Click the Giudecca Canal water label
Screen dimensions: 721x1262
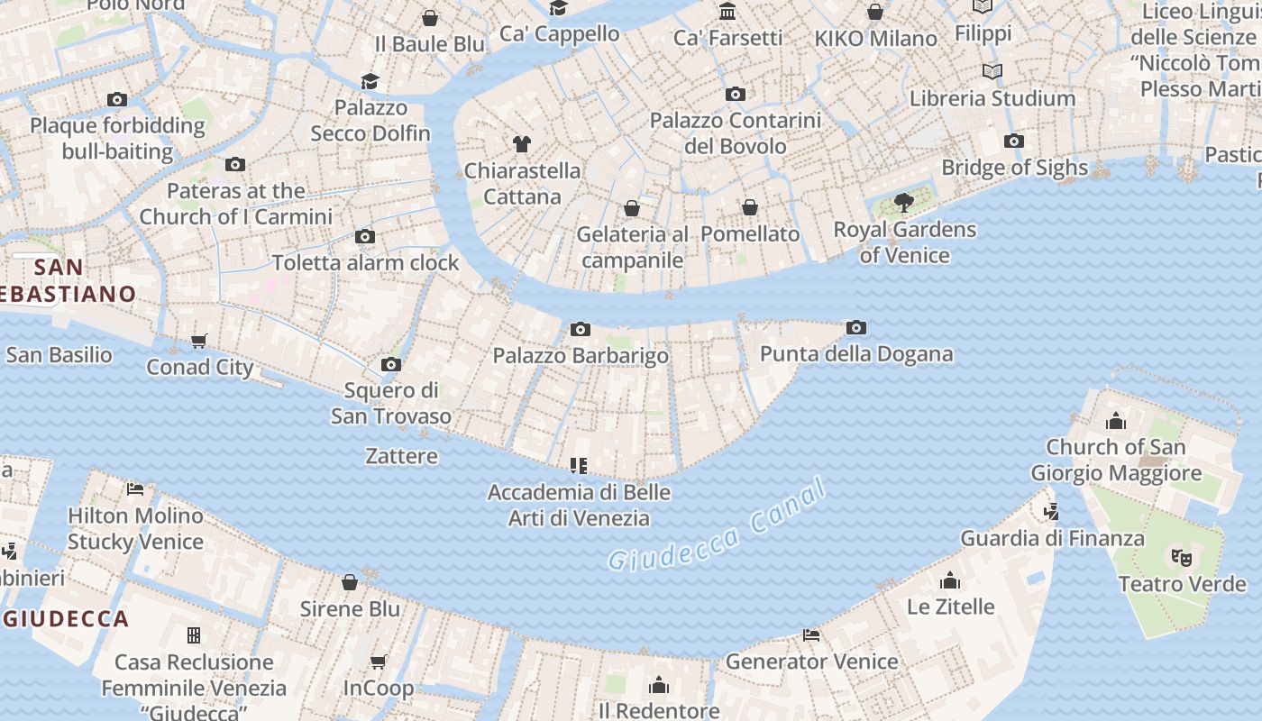(x=717, y=527)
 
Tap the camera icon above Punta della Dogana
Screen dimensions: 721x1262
(x=856, y=327)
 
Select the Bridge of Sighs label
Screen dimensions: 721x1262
(x=1014, y=168)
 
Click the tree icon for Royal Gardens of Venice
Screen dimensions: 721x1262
(x=903, y=202)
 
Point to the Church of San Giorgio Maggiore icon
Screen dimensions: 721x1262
(x=1116, y=421)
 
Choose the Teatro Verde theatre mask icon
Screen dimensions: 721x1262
(x=1181, y=558)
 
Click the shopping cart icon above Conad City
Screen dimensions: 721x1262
(x=199, y=341)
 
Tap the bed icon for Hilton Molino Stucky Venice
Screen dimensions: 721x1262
(x=135, y=489)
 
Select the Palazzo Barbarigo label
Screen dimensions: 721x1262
(x=581, y=355)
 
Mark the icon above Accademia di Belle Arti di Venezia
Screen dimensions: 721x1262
(x=579, y=466)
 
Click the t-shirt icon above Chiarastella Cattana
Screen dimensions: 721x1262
(x=522, y=143)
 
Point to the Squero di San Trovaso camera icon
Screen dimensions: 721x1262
(x=390, y=364)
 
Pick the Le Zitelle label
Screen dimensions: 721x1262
(x=950, y=607)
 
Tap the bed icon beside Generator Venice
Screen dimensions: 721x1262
(x=811, y=634)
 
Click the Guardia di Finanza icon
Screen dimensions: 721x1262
(x=1051, y=512)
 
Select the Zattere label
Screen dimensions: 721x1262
(x=402, y=456)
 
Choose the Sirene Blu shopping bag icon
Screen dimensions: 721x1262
(x=350, y=582)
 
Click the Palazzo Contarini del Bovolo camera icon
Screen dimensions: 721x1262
(x=736, y=94)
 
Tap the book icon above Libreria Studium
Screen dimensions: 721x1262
(x=992, y=71)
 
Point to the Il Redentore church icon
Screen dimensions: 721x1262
(x=659, y=685)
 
